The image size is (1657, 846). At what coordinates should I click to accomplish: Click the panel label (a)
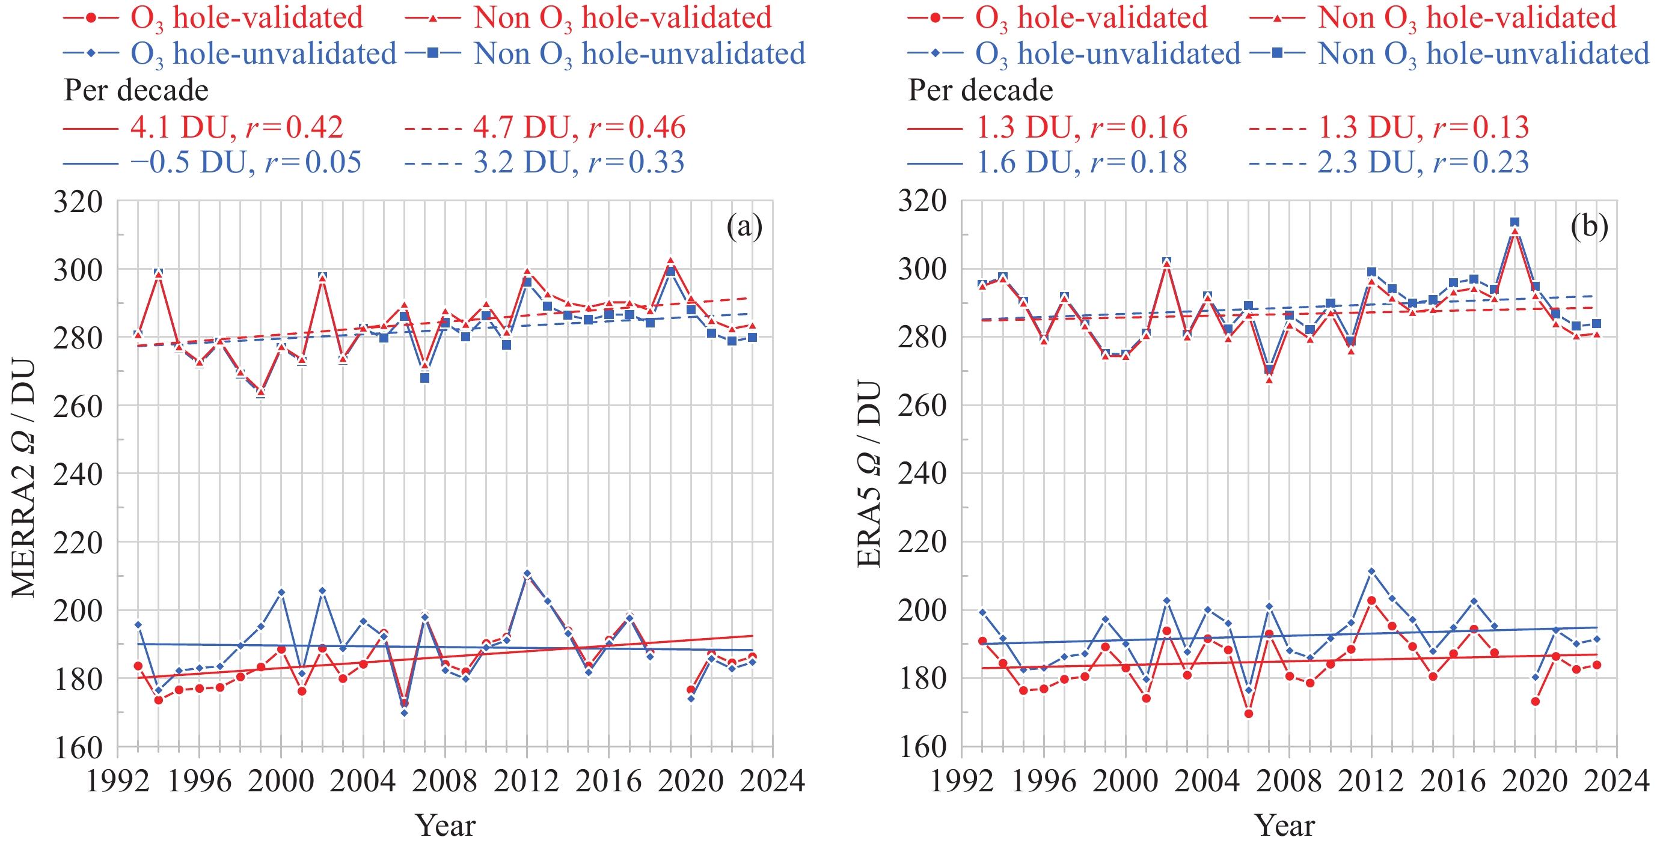744,227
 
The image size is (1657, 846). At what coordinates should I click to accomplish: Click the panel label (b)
1589,227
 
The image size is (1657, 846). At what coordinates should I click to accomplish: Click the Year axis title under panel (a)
445,826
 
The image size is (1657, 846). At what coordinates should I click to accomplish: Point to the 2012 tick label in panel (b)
1371,782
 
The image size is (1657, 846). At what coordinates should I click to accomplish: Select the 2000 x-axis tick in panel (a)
281,782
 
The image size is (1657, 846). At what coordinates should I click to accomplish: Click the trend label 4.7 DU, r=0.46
579,127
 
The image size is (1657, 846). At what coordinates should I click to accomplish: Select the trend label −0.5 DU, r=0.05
246,162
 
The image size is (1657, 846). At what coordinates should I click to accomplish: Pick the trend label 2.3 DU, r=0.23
1423,162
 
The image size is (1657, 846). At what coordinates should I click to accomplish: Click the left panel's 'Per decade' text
136,91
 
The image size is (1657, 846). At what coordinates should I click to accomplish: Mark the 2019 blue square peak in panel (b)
1515,222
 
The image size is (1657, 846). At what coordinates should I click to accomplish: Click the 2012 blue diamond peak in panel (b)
1371,571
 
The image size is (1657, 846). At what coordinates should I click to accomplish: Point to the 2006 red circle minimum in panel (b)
1249,714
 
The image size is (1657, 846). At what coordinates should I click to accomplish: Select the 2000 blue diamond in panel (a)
281,592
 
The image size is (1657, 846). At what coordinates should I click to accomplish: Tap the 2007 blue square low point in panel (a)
424,378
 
